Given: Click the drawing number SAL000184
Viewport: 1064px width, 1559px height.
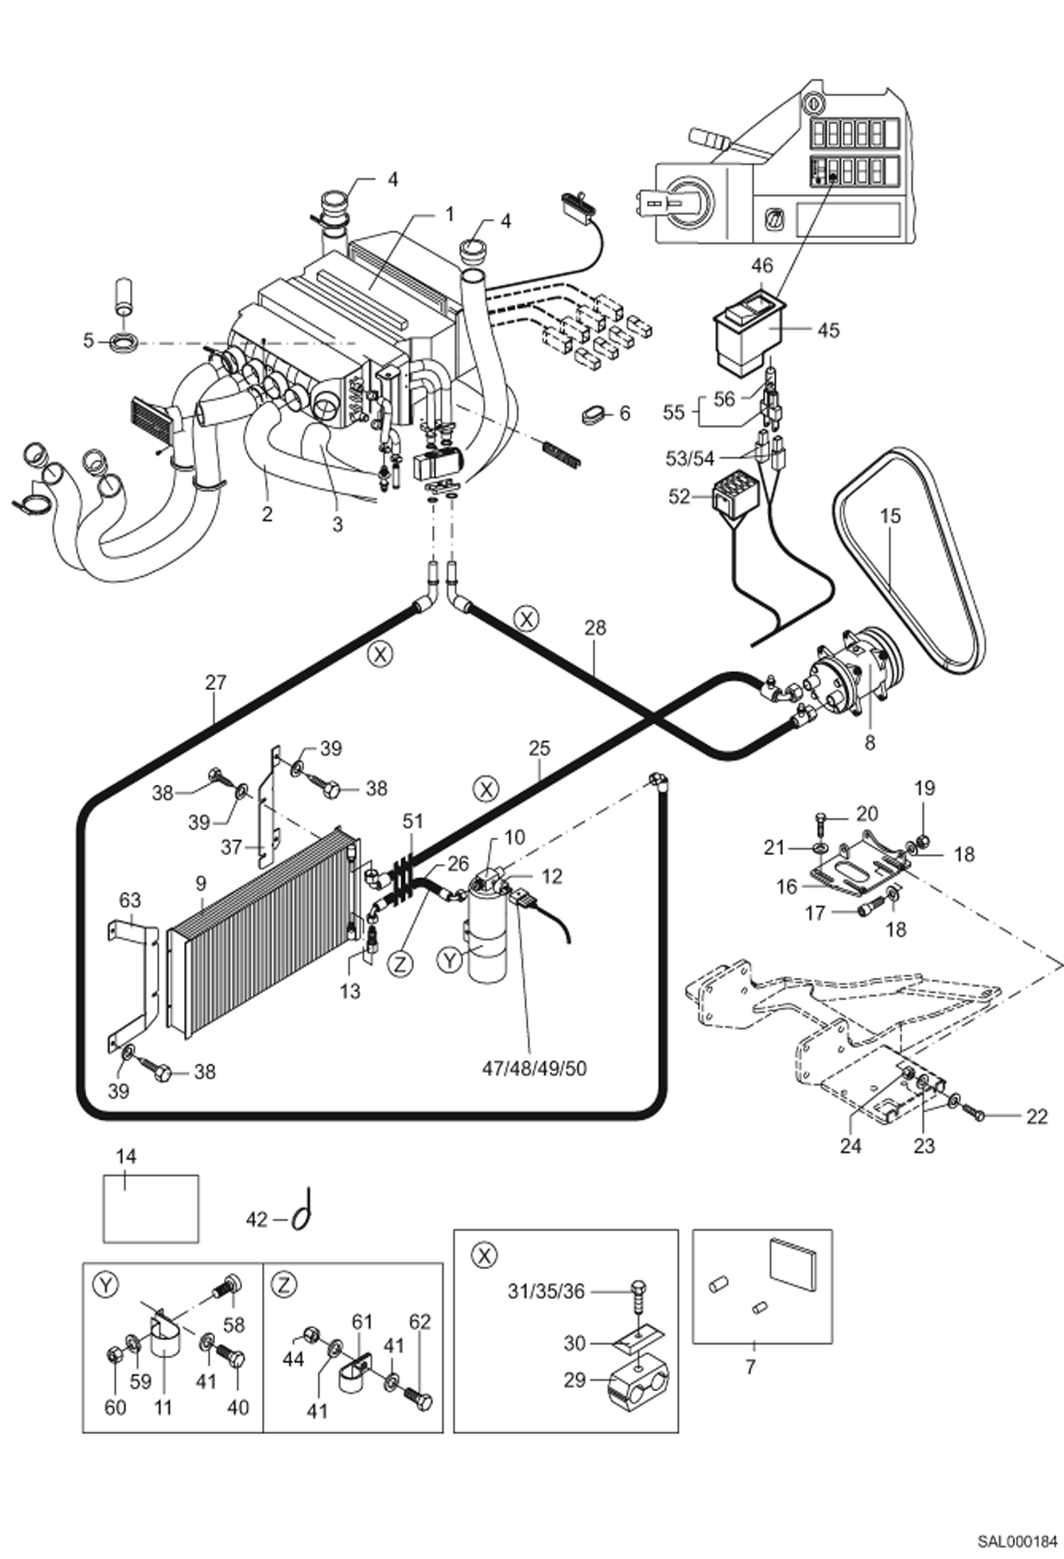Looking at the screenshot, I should pyautogui.click(x=1016, y=1536).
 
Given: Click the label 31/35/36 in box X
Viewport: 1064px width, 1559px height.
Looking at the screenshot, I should pyautogui.click(x=545, y=1291).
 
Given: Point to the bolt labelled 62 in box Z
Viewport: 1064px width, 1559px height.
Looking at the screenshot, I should pyautogui.click(x=418, y=1401).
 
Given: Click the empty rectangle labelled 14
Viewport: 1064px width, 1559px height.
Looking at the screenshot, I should pyautogui.click(x=151, y=1209).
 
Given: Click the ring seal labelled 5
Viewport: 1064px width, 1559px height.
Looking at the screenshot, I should pyautogui.click(x=124, y=341).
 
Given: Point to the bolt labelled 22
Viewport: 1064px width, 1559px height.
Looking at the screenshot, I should pyautogui.click(x=977, y=1116).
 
